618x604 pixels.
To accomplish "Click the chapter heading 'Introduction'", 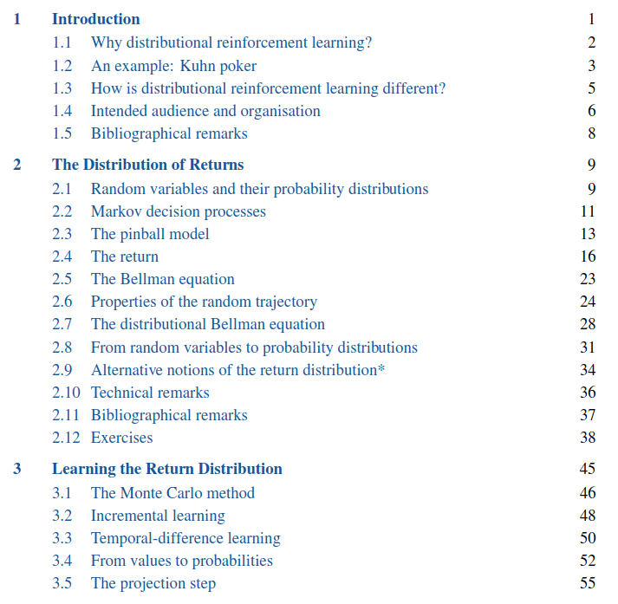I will (x=95, y=19).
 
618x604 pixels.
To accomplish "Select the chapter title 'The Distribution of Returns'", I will (x=147, y=165).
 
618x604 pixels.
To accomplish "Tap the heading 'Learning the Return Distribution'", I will (x=166, y=469).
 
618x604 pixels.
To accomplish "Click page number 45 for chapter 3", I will (x=587, y=469).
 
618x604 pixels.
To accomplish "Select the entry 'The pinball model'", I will (x=150, y=234).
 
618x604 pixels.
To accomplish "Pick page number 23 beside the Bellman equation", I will (x=588, y=279).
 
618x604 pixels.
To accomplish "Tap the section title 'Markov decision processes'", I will (x=178, y=211).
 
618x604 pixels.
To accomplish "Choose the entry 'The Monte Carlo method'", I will (x=172, y=493).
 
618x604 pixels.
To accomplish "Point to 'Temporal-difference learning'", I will (x=185, y=538).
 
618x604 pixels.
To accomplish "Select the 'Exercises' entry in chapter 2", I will (x=121, y=438).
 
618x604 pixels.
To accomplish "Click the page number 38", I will (x=588, y=438).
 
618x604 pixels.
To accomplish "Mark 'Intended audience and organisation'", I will (x=205, y=111).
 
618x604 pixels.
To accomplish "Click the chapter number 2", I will (x=16, y=165).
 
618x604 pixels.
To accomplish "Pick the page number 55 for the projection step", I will (x=588, y=583).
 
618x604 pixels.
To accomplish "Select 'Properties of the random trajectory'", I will (x=204, y=302).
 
